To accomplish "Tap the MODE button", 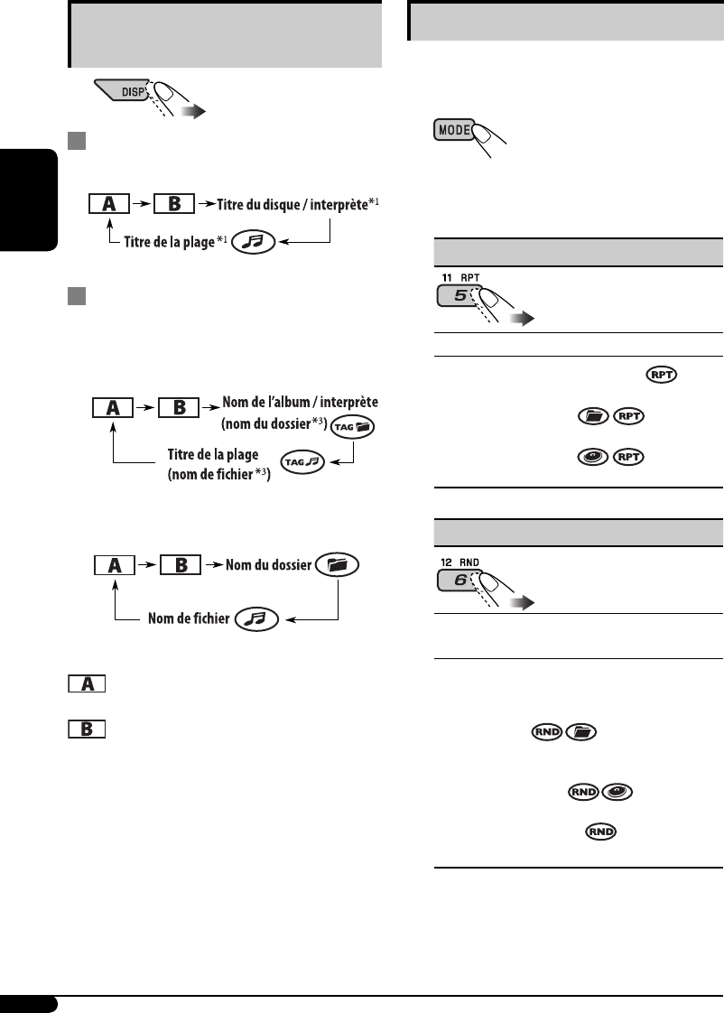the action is (454, 130).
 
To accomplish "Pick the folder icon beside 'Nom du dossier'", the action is (337, 566).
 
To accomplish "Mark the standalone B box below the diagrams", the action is (87, 727).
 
